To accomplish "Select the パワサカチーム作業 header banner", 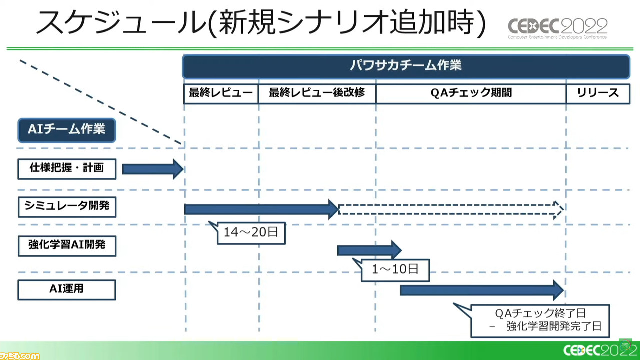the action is click(x=406, y=66).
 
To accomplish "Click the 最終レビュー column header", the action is click(x=221, y=93).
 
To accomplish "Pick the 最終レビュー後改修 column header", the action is click(x=317, y=93).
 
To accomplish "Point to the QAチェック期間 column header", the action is click(x=471, y=93).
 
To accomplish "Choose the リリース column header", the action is click(x=598, y=93).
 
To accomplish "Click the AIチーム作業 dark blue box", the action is click(x=67, y=130).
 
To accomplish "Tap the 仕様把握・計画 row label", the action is click(x=67, y=169).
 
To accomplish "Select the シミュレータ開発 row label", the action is click(x=67, y=207).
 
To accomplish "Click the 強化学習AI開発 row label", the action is click(x=67, y=246).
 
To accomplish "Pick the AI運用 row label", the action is click(x=67, y=290).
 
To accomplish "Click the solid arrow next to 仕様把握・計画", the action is click(x=153, y=169).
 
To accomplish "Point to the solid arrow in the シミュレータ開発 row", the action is click(x=261, y=209).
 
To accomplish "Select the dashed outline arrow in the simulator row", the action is click(x=451, y=210).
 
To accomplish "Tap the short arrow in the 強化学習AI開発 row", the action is click(x=369, y=250).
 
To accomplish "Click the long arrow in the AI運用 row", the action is click(x=482, y=290).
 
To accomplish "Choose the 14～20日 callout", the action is click(x=251, y=233).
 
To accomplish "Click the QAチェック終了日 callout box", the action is click(x=540, y=321).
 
